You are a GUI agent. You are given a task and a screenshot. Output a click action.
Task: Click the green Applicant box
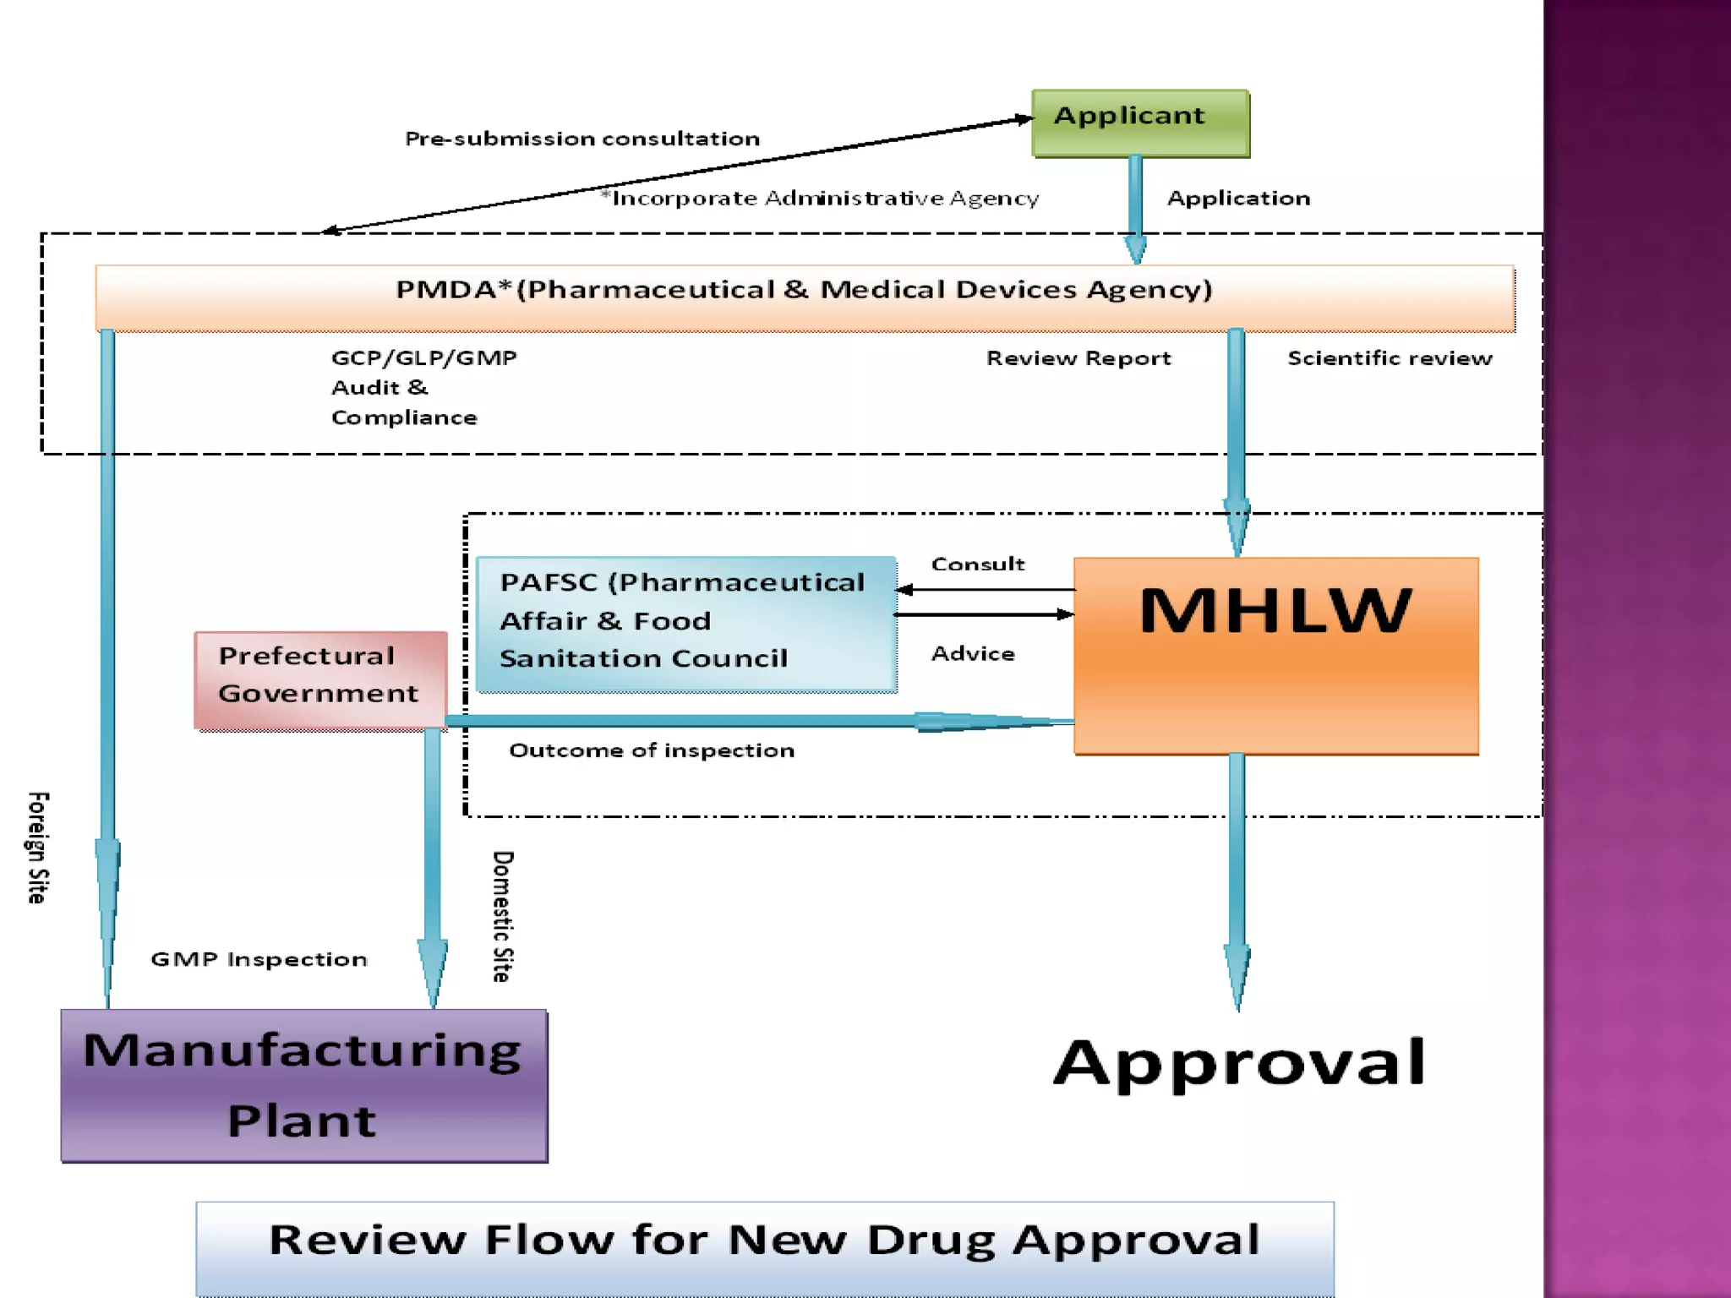1140,123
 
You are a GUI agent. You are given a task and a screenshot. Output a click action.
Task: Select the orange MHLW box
1275,655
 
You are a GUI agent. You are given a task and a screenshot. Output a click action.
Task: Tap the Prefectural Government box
320,679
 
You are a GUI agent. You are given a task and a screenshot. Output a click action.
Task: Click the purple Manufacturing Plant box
304,1085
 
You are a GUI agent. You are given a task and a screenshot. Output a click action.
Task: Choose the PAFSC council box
685,624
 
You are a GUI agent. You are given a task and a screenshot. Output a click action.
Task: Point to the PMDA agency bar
804,297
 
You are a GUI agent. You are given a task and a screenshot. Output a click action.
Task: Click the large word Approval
1239,1062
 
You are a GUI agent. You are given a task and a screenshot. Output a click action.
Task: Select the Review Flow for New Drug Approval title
764,1241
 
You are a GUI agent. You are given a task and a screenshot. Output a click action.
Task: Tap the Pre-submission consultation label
582,139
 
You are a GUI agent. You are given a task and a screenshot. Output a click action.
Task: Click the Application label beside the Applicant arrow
1238,199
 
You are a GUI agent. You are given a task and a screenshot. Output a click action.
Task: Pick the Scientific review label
1390,358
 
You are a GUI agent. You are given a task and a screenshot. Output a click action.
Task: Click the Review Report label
1078,358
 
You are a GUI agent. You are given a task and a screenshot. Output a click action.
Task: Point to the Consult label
978,564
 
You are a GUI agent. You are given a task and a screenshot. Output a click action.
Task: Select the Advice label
973,653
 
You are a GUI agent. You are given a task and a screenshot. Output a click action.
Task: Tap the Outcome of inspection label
652,750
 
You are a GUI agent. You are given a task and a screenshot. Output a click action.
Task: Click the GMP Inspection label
259,959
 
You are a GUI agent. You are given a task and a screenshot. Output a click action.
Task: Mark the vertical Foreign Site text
38,848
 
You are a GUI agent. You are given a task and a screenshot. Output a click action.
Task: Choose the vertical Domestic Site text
503,916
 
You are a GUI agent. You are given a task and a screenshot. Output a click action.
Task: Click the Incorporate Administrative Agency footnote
820,199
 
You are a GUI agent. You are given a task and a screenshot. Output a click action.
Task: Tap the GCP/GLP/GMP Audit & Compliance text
423,387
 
